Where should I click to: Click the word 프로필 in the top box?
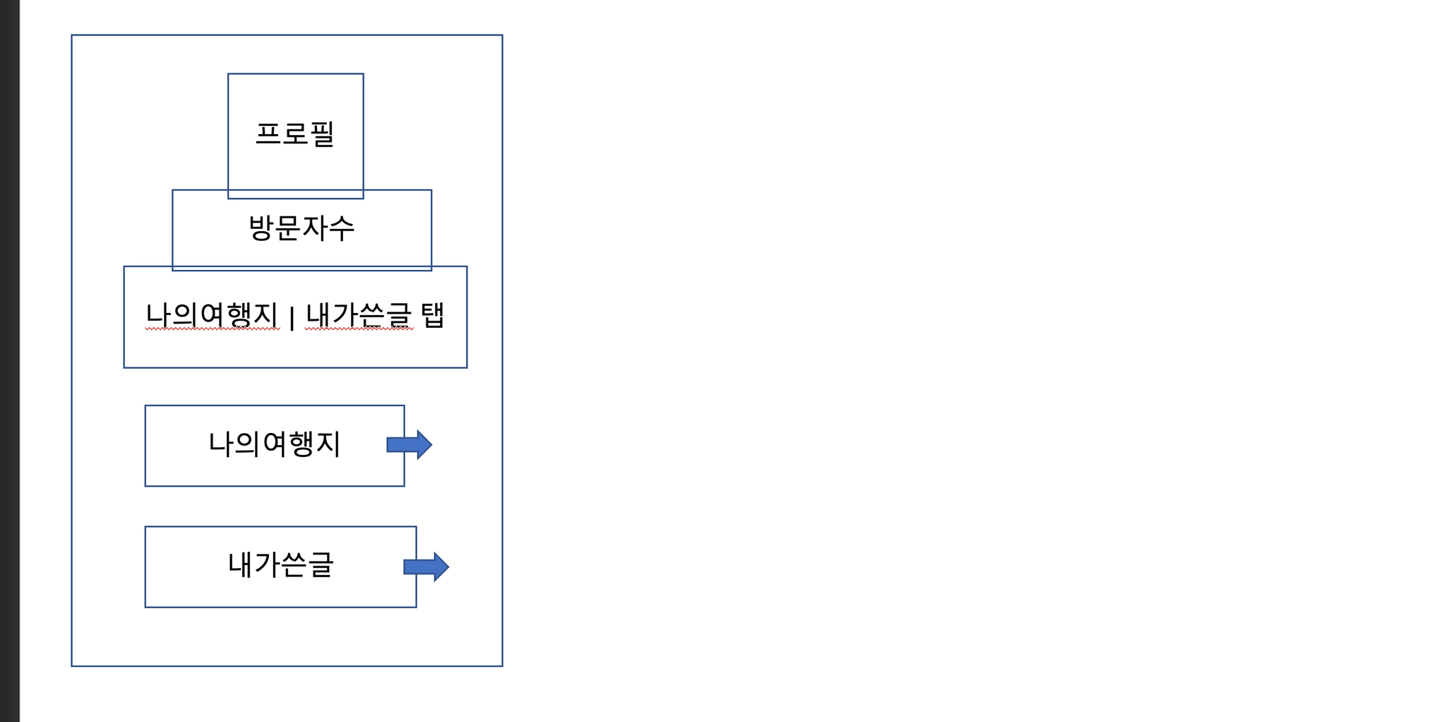[x=294, y=134]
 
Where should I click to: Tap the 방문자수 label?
[x=301, y=227]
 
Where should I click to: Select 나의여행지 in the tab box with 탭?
[x=212, y=315]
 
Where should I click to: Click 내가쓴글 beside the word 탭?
[x=359, y=315]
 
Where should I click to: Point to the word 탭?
[x=432, y=315]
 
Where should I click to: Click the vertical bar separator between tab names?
[x=292, y=317]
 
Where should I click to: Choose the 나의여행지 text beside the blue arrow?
[x=274, y=444]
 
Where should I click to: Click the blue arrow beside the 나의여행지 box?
[x=410, y=444]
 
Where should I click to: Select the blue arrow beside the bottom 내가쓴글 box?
[x=426, y=567]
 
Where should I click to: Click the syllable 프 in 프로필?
[x=268, y=134]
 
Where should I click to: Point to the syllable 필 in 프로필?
[x=322, y=134]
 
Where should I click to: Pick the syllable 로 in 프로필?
[x=295, y=134]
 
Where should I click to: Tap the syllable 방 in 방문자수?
[x=261, y=227]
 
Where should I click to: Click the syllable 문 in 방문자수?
[x=288, y=227]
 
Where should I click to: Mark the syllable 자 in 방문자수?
[x=316, y=227]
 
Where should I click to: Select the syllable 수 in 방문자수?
[x=342, y=227]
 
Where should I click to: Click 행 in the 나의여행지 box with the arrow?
[x=301, y=444]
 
